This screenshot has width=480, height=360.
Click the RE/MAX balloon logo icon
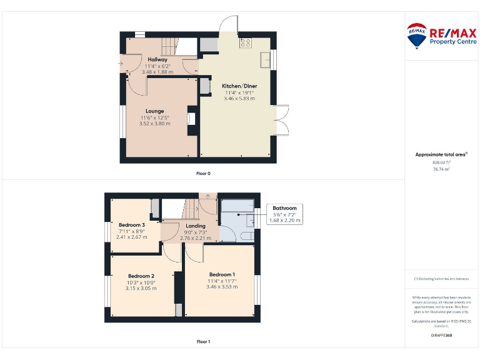click(417, 36)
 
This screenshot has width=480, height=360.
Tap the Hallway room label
click(157, 59)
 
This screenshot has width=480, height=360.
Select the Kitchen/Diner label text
click(239, 86)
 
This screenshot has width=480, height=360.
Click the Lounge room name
click(155, 111)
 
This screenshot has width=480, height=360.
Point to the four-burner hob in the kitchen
click(245, 43)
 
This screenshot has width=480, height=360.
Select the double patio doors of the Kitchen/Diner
click(282, 119)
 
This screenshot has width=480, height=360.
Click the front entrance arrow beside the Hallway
click(121, 63)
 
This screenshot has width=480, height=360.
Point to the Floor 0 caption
click(203, 173)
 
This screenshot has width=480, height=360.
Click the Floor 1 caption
click(203, 342)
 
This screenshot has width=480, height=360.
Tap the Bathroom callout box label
click(284, 207)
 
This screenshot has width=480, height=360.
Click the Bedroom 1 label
click(222, 274)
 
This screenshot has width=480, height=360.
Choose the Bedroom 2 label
click(141, 276)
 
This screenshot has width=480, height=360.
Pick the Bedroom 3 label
click(132, 225)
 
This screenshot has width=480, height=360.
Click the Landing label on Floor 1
click(196, 226)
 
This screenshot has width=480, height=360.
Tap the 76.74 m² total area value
click(442, 169)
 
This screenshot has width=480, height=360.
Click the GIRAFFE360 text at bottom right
click(441, 336)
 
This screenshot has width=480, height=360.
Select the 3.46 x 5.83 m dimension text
click(239, 99)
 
